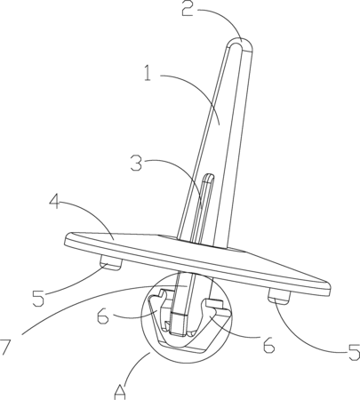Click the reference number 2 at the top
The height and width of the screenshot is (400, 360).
coord(188,9)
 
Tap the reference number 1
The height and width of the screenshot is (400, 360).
coord(148,73)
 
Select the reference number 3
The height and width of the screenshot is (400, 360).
coord(137,164)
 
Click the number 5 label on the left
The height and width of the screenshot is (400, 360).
coord(38,299)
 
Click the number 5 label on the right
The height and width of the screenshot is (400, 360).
coord(354,352)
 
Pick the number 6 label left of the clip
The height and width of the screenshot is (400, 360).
coord(103,316)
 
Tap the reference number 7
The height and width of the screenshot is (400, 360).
coord(5,347)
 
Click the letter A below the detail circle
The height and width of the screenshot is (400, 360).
coord(120,392)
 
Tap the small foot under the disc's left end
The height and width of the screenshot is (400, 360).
coord(110,263)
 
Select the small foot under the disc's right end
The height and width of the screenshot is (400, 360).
coord(279,297)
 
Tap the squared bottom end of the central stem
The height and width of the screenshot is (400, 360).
coord(178,324)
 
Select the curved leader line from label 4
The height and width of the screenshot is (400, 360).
coord(89,212)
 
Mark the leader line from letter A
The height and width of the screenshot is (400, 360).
coord(136,367)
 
